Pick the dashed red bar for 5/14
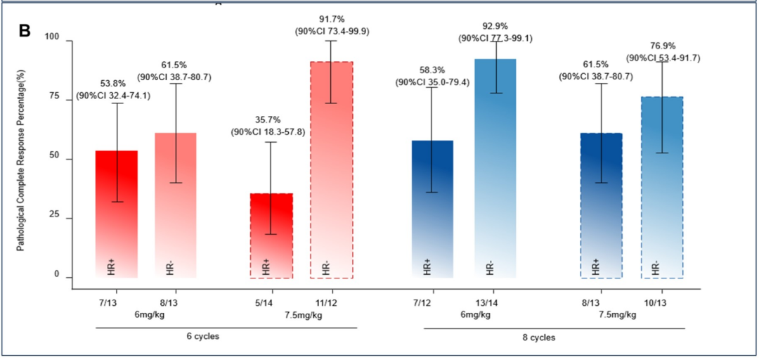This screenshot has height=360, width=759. [271, 236]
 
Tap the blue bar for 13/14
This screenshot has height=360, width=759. [495, 169]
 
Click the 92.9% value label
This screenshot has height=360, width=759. [495, 26]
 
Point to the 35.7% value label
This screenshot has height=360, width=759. [269, 119]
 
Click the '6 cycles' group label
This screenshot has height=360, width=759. [205, 337]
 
